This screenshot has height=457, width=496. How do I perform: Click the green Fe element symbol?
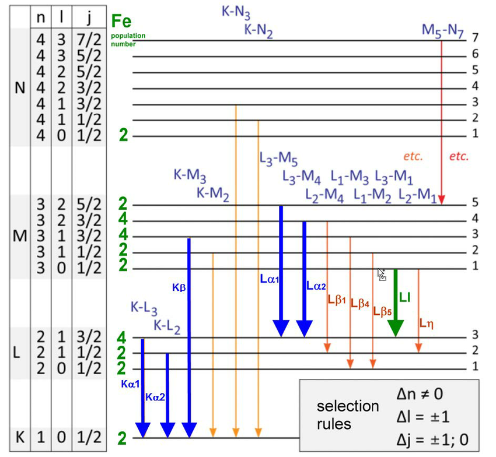121,22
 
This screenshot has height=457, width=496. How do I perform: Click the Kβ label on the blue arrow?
179,288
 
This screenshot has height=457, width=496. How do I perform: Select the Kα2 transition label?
156,396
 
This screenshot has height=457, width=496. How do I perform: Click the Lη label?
427,321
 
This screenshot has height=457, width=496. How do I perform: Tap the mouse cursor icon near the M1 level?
382,274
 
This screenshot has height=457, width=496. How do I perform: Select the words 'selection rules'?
347,414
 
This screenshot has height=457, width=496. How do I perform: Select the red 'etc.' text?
459,156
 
